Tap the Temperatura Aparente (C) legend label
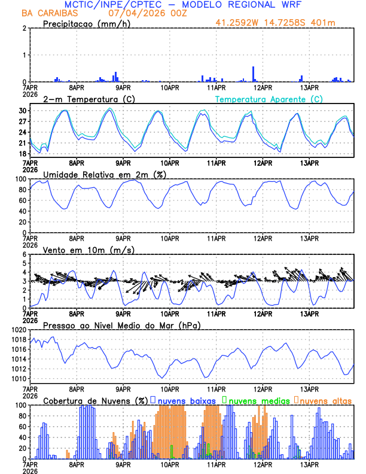tap(269, 99)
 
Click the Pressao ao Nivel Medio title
tap(121, 325)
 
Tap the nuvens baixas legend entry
tap(185, 400)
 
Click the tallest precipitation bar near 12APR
tap(254, 74)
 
